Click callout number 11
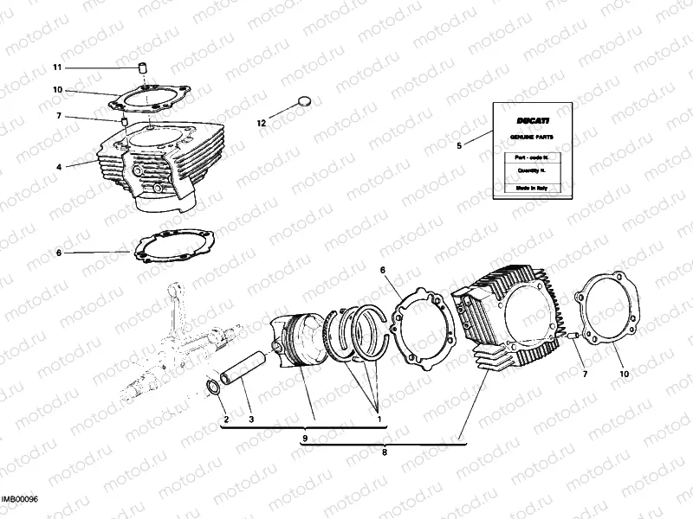click(x=58, y=67)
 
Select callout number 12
click(x=262, y=123)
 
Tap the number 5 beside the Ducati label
click(x=460, y=145)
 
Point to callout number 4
click(x=59, y=165)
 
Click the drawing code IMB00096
click(x=20, y=499)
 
